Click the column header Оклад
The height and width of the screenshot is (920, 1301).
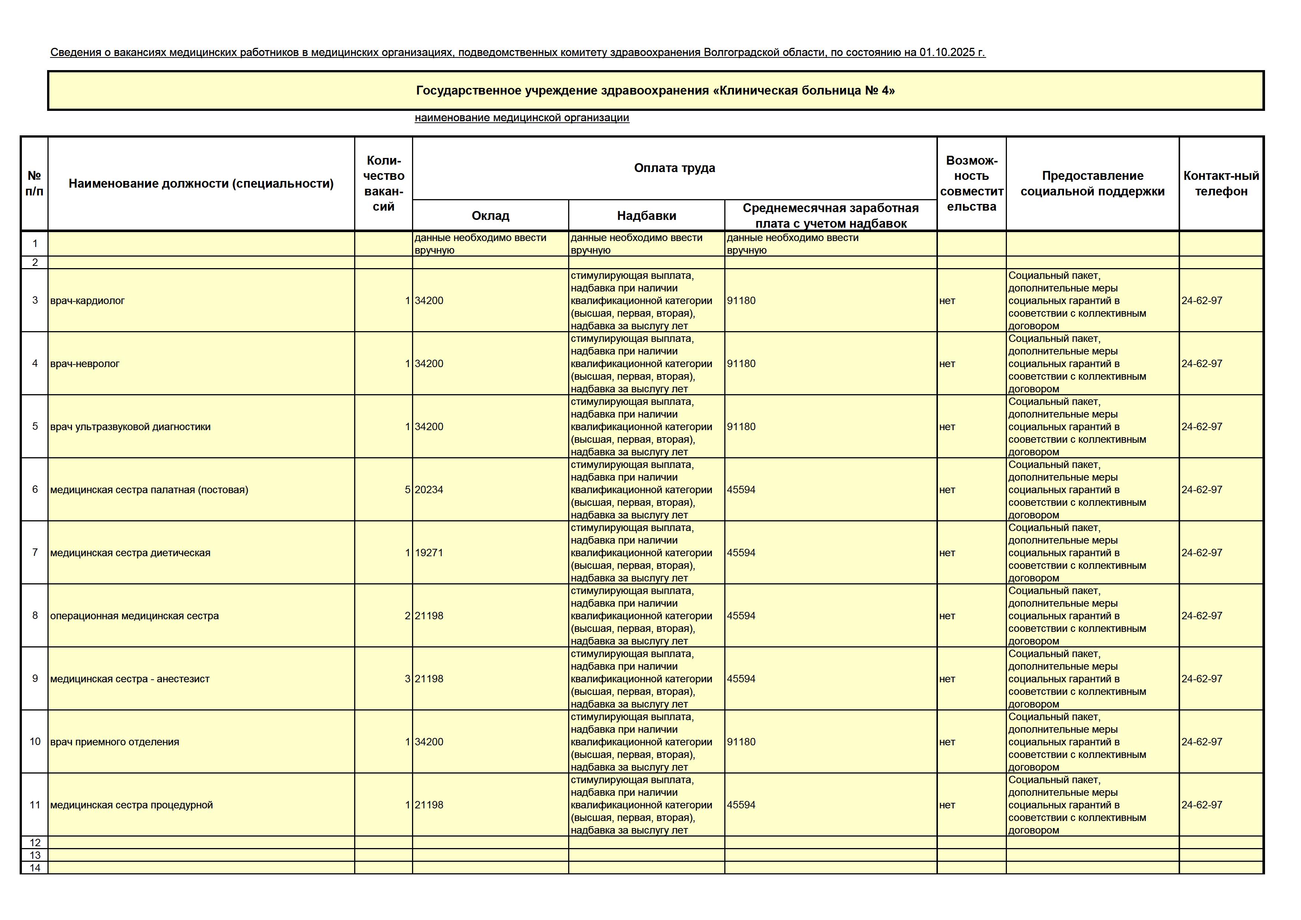(490, 216)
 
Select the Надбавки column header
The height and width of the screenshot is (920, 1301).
(646, 216)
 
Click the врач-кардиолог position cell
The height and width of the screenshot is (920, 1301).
(87, 301)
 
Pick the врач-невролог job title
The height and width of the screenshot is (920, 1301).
(85, 364)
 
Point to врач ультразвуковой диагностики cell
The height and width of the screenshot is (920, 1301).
(130, 426)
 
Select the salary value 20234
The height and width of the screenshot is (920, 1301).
(429, 490)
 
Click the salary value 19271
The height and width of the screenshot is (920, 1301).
(429, 553)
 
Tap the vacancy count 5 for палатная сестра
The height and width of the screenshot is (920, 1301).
(407, 490)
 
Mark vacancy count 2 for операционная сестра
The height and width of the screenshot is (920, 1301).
(407, 616)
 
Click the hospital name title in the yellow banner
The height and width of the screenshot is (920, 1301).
(656, 90)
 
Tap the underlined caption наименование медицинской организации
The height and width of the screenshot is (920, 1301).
(522, 118)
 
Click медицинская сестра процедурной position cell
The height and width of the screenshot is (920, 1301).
(131, 805)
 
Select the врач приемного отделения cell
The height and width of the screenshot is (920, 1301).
(115, 742)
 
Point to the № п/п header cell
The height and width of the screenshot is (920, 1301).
(34, 184)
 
